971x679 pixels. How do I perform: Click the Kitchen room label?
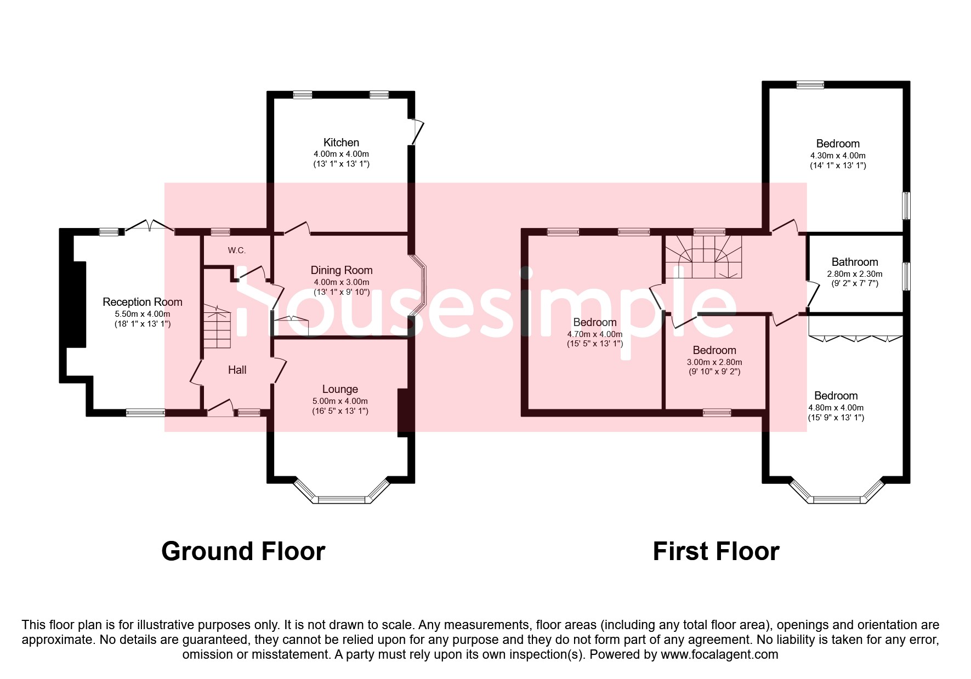click(341, 142)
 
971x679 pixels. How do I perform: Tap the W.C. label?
click(237, 250)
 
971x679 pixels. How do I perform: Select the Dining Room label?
click(341, 270)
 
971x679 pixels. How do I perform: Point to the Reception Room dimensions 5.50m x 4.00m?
click(142, 314)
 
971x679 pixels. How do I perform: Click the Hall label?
click(237, 370)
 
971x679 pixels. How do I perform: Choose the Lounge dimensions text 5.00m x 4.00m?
click(340, 401)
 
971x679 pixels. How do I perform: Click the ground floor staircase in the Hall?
click(217, 327)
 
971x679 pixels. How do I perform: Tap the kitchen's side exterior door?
click(418, 132)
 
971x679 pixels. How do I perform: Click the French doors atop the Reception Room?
click(149, 226)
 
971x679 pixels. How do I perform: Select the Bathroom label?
click(854, 262)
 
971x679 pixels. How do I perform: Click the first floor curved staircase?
click(703, 256)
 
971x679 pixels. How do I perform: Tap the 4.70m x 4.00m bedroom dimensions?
click(594, 334)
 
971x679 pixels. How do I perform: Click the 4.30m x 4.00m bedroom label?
click(837, 144)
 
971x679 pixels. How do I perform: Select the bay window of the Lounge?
click(341, 499)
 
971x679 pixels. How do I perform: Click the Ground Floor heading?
click(243, 551)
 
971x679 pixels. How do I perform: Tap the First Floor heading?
click(716, 551)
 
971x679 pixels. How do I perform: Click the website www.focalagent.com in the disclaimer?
click(719, 654)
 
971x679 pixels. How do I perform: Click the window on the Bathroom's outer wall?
click(906, 276)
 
